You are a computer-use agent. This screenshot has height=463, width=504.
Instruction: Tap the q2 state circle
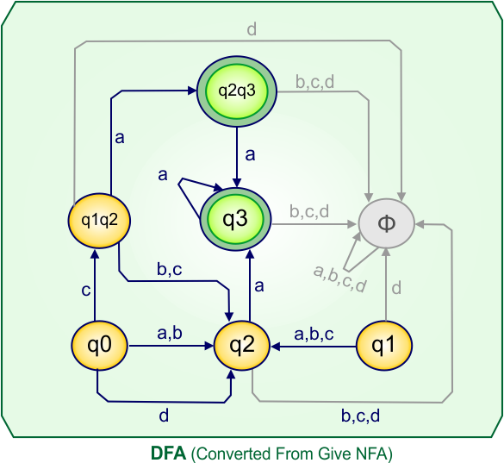coord(242,346)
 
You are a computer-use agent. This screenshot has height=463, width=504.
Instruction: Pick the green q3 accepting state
coord(236,220)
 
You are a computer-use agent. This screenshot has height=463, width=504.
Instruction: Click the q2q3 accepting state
coord(236,90)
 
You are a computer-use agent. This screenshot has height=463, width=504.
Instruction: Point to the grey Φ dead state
coord(387,222)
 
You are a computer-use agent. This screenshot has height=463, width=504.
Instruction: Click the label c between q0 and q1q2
coord(86,291)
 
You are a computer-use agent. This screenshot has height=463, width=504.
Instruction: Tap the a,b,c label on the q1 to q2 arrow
coord(314,332)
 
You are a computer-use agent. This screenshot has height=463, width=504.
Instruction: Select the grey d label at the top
coord(252,30)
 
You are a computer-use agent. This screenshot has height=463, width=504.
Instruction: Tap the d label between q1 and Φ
coord(397,288)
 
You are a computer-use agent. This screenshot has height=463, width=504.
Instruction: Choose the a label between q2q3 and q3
coord(250,155)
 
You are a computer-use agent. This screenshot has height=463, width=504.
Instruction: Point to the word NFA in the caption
coord(376,452)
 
